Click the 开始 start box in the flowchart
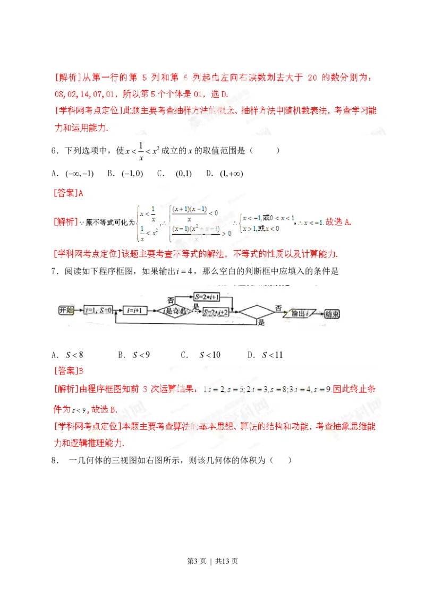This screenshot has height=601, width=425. pyautogui.click(x=67, y=310)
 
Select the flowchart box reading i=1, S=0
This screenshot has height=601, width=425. pyautogui.click(x=99, y=310)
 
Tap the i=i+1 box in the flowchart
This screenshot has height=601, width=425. pyautogui.click(x=135, y=310)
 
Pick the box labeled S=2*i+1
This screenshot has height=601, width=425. pyautogui.click(x=207, y=297)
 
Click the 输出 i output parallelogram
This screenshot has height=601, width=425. pyautogui.click(x=301, y=313)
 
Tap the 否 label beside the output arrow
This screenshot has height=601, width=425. pyautogui.click(x=278, y=307)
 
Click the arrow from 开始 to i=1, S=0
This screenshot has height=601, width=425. pyautogui.click(x=80, y=310)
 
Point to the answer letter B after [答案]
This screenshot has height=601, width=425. pyautogui.click(x=81, y=370)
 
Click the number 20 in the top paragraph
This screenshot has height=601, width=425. pyautogui.click(x=312, y=78)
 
